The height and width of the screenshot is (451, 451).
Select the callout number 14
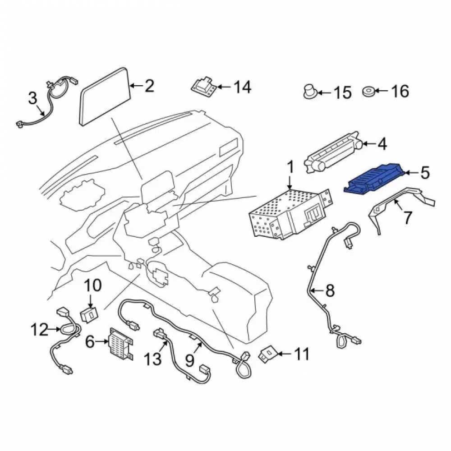pyautogui.click(x=242, y=87)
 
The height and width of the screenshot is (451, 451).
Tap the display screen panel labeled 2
pyautogui.click(x=105, y=97)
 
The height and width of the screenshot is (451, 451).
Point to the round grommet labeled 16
pyautogui.click(x=368, y=92)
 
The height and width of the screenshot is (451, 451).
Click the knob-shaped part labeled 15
pyautogui.click(x=310, y=92)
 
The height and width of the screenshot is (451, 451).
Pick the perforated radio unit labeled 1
pyautogui.click(x=290, y=214)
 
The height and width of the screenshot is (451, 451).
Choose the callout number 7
pyautogui.click(x=408, y=217)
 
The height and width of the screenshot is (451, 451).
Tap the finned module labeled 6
pyautogui.click(x=121, y=344)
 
